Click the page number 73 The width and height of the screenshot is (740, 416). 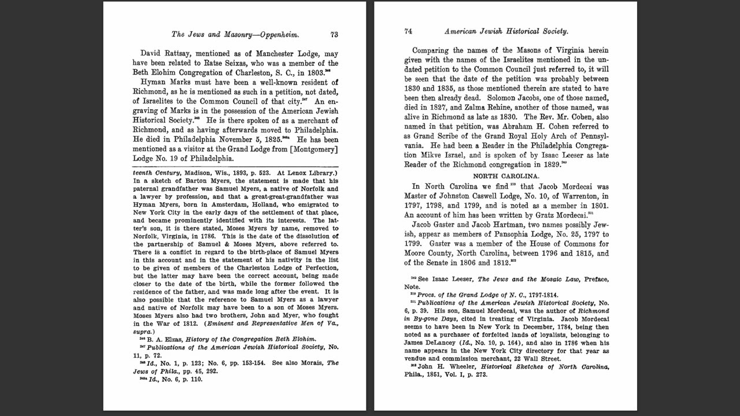point(334,35)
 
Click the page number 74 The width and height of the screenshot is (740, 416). point(408,31)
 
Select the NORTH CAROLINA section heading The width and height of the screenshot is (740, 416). point(506,176)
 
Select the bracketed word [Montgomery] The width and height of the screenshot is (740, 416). point(311,149)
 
